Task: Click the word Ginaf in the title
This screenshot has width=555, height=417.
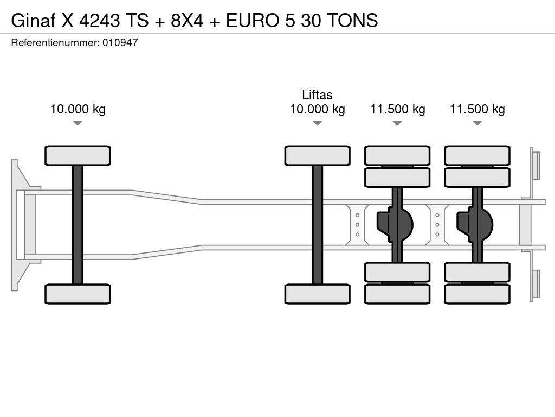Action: [x=33, y=20]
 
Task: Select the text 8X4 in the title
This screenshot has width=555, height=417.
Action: [x=187, y=20]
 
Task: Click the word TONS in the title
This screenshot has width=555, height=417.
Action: [x=352, y=20]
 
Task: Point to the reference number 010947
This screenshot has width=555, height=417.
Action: [x=120, y=42]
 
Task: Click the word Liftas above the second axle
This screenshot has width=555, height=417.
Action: [x=317, y=94]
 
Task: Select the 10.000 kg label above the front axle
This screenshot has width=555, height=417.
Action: [x=78, y=109]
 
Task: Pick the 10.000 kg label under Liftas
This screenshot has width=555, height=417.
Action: [x=317, y=109]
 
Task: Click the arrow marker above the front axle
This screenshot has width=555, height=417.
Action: [x=78, y=123]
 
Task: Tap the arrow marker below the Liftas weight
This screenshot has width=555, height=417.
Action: [x=318, y=123]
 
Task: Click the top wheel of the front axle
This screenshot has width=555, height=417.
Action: [x=78, y=155]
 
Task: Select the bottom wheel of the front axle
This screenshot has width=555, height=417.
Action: [x=78, y=294]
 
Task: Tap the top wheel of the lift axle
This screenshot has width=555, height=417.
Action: [x=318, y=155]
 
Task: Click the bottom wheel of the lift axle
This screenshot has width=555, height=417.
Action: [x=318, y=294]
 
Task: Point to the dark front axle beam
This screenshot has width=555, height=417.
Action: [x=78, y=225]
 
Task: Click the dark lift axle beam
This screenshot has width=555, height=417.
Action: [x=318, y=225]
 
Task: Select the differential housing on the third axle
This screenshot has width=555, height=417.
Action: [x=395, y=224]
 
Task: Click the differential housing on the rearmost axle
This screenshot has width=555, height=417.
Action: [x=475, y=224]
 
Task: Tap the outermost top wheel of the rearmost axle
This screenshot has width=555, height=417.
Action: [x=477, y=155]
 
